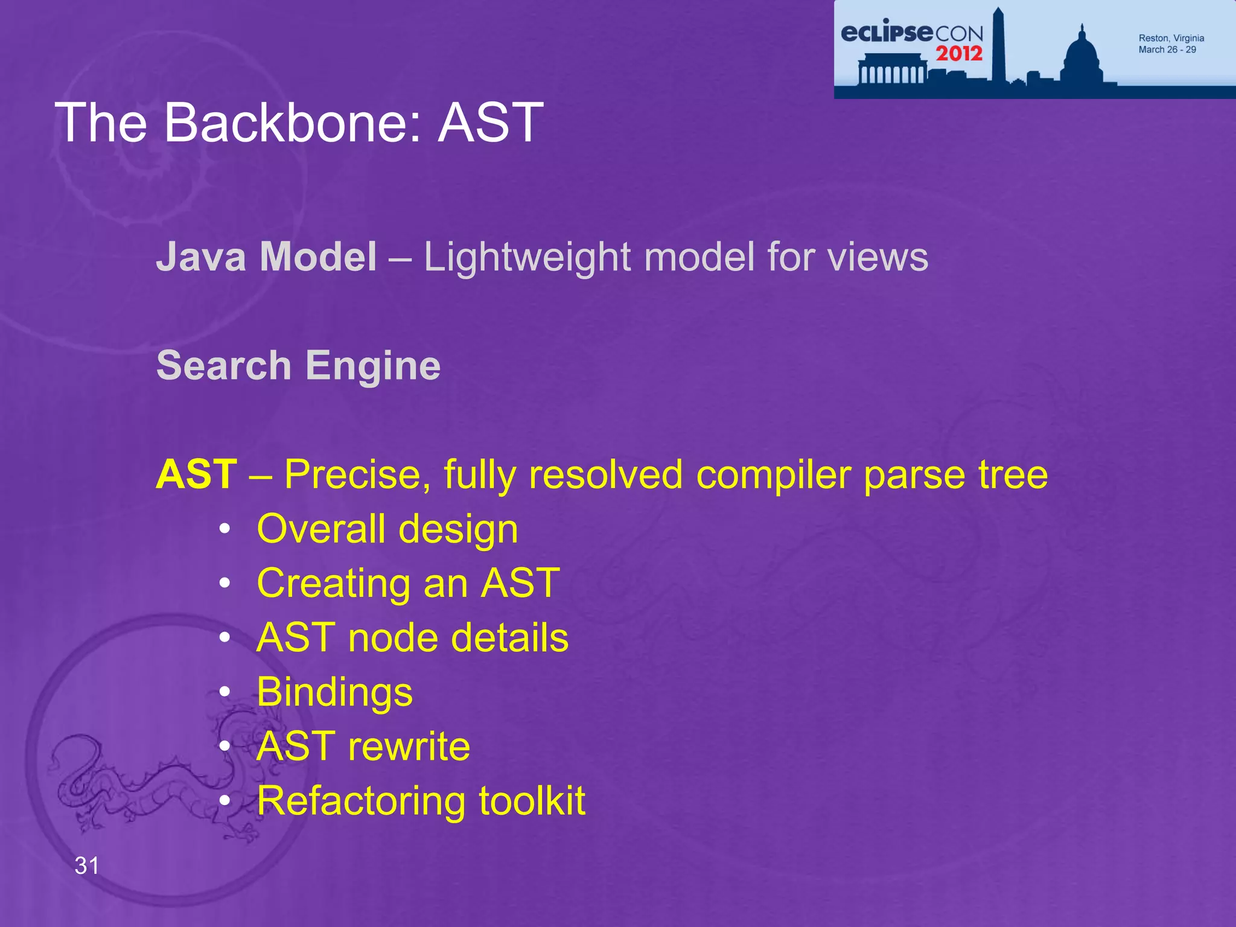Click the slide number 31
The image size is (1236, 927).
(87, 865)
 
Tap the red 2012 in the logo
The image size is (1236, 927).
(959, 54)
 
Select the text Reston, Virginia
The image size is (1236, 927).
(1171, 38)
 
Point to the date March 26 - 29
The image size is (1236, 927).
(1167, 50)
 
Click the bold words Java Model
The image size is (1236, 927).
(266, 257)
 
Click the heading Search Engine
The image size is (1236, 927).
(298, 366)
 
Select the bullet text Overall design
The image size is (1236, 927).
(387, 529)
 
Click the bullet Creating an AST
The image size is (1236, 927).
(408, 584)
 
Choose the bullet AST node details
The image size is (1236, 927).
(412, 638)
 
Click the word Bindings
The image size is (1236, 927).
(334, 693)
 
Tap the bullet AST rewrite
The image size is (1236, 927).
(363, 747)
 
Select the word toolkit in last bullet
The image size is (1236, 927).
(532, 801)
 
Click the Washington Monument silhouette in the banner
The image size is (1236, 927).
(998, 45)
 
